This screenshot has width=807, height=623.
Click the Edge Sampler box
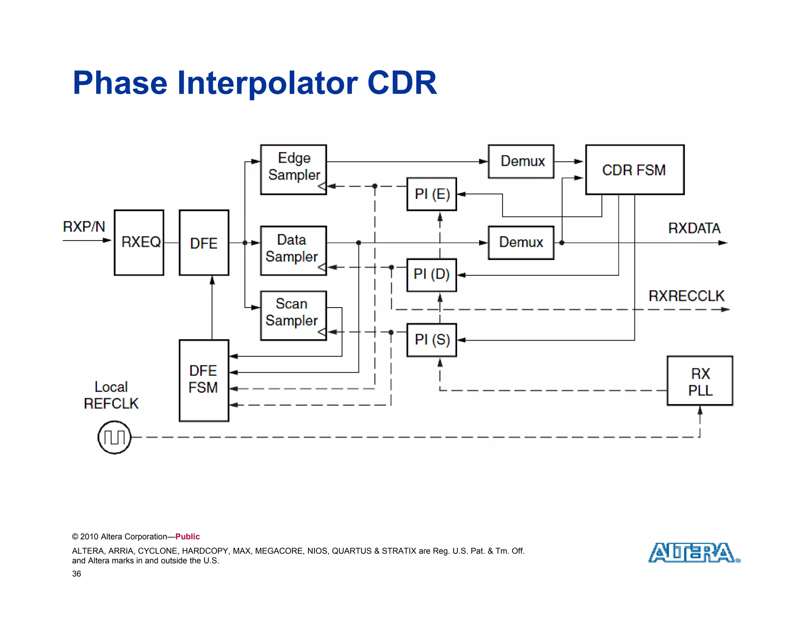pyautogui.click(x=293, y=169)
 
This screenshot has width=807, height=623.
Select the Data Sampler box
pyautogui.click(x=293, y=250)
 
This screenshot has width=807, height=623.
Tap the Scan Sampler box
pyautogui.click(x=293, y=315)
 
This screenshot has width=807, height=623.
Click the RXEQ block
pyautogui.click(x=139, y=243)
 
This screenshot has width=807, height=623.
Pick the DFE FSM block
pyautogui.click(x=204, y=380)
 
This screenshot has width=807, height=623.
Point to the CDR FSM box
pyautogui.click(x=634, y=170)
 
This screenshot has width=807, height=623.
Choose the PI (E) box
pyautogui.click(x=431, y=194)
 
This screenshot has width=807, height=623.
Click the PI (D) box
pyautogui.click(x=431, y=275)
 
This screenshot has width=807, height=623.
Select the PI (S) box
pyautogui.click(x=431, y=340)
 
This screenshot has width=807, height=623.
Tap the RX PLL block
pyautogui.click(x=700, y=381)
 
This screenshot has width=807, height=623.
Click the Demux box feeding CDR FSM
pyautogui.click(x=521, y=161)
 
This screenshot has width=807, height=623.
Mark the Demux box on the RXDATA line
pyautogui.click(x=521, y=243)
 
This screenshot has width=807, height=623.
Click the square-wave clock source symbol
pyautogui.click(x=114, y=437)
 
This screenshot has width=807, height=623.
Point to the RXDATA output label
pyautogui.click(x=694, y=228)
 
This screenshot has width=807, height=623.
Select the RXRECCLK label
pyautogui.click(x=686, y=296)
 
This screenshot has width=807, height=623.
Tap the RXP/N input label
pyautogui.click(x=84, y=227)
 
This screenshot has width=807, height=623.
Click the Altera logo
pyautogui.click(x=694, y=553)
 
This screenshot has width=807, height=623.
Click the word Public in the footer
pyautogui.click(x=188, y=536)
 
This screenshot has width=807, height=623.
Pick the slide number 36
pyautogui.click(x=76, y=574)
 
